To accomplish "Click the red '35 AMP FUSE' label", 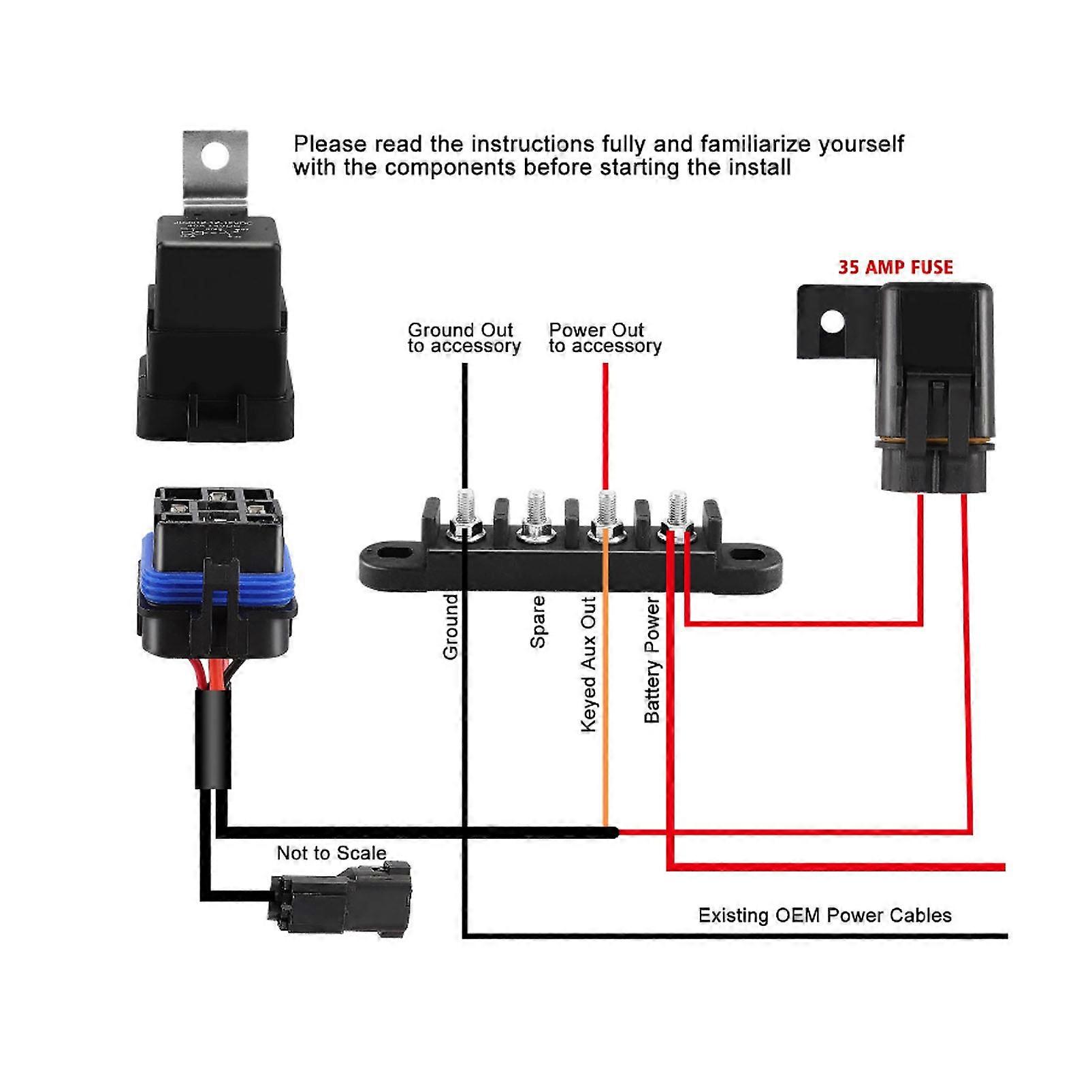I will click(x=895, y=267).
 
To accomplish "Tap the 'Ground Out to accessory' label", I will click(x=464, y=338).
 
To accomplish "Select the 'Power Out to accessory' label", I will click(x=605, y=338).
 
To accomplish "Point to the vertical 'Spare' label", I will click(x=538, y=622).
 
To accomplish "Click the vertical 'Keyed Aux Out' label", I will click(x=588, y=664).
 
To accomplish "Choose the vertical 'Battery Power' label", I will click(x=652, y=660).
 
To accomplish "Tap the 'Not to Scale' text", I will click(x=331, y=853).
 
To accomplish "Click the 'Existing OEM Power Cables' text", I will click(x=824, y=915).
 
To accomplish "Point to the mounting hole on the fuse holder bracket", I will click(x=832, y=321).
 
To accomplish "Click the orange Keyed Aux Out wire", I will click(x=605, y=681).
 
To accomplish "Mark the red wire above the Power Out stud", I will click(x=605, y=422).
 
